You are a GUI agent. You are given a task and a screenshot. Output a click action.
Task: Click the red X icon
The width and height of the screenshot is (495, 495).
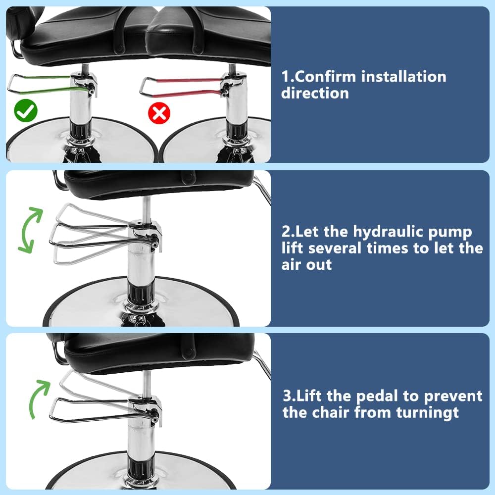click(159, 113)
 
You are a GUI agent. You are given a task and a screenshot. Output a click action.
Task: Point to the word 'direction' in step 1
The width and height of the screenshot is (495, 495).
click(315, 93)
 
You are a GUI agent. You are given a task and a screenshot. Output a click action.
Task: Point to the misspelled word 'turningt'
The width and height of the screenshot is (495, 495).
click(428, 412)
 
